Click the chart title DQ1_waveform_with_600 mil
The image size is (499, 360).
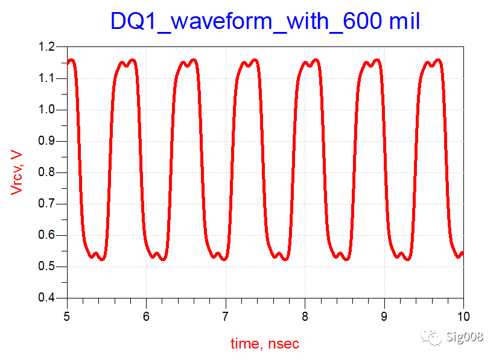coord(264,21)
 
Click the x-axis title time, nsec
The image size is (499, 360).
coord(265,344)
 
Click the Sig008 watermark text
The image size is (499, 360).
coord(466,336)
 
